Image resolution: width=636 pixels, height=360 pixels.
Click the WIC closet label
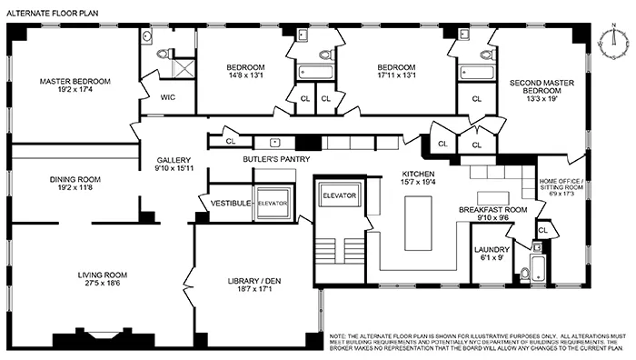[x=168, y=96]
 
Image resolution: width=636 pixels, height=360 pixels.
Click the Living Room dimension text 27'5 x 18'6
[x=102, y=285]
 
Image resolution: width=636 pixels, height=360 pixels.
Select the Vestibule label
[x=230, y=203]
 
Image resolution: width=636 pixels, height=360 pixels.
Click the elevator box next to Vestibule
[x=272, y=204]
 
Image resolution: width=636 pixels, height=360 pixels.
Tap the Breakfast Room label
[x=492, y=209]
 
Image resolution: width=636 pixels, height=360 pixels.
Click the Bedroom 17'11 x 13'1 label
[x=396, y=67]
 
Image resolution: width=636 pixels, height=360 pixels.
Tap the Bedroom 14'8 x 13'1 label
[x=244, y=67]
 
